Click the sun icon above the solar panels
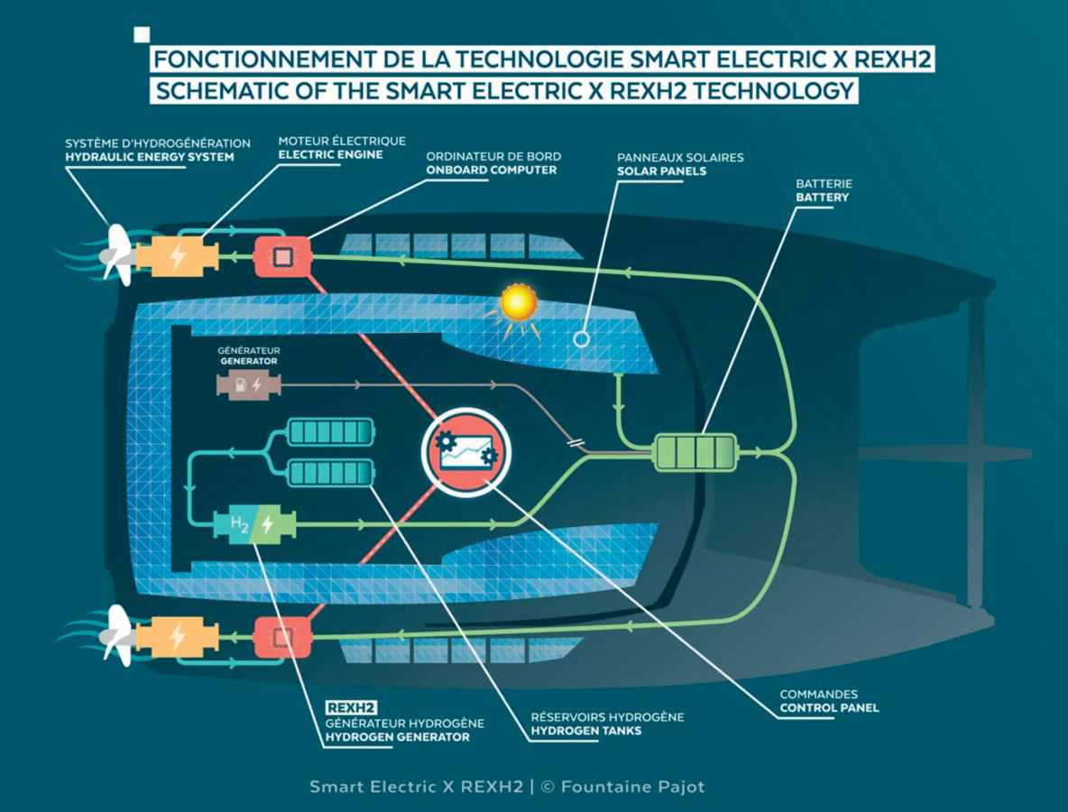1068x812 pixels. tap(519, 304)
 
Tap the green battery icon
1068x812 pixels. tap(695, 452)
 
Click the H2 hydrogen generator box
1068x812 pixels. tap(255, 524)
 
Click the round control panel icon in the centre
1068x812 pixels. tap(466, 451)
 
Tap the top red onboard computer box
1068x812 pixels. tap(282, 256)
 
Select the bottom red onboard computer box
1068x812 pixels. tap(282, 638)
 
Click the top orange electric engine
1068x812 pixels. tap(177, 256)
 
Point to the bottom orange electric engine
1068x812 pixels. tap(177, 637)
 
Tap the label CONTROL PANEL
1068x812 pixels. tap(828, 708)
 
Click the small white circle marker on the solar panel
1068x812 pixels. tap(582, 339)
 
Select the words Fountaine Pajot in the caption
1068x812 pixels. tap(632, 787)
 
